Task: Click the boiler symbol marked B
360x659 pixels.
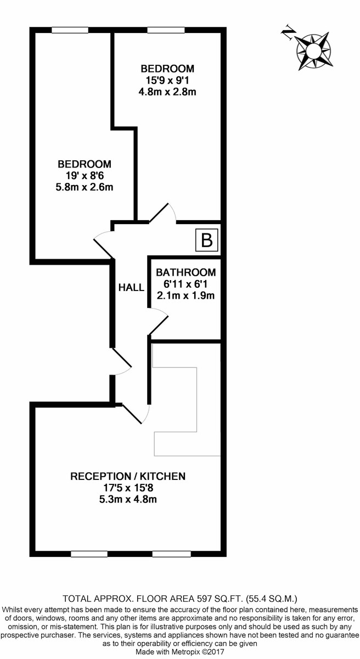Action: click(207, 240)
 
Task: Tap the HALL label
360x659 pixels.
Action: click(131, 287)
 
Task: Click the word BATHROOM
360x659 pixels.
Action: click(185, 272)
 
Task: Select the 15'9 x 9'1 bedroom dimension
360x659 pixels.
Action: click(167, 80)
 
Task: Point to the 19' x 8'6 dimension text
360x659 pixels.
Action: click(85, 176)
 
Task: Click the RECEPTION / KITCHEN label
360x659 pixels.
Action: click(128, 476)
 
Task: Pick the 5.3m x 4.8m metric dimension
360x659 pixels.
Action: click(128, 499)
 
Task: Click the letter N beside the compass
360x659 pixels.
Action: click(287, 34)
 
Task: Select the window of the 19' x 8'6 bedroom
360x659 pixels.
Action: click(70, 30)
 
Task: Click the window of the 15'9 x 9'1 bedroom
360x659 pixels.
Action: click(166, 30)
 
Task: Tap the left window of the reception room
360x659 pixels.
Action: click(89, 554)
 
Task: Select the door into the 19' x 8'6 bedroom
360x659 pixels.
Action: click(103, 244)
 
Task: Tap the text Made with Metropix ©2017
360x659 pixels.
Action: click(179, 652)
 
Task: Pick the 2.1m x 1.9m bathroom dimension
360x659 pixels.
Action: click(185, 296)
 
